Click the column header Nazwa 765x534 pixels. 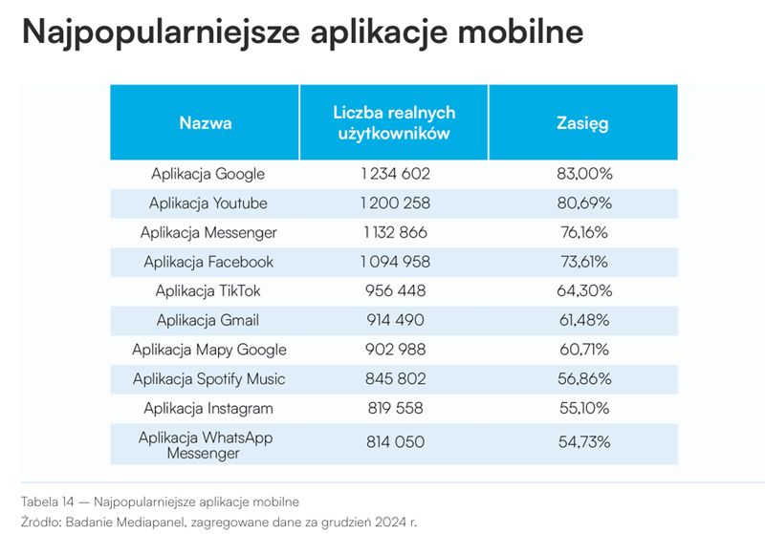point(206,123)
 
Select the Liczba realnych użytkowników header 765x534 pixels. point(394,123)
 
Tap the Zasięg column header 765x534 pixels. point(582,123)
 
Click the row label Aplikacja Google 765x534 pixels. point(208,174)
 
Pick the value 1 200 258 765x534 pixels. point(395,203)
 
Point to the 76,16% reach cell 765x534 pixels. point(583,232)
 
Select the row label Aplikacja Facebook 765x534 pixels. point(208,262)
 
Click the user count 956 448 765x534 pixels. point(395,290)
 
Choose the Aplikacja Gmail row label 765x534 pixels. point(208,320)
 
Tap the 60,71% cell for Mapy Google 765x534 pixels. point(583,350)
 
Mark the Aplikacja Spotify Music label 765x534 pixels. point(208,378)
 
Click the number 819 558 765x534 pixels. point(395,408)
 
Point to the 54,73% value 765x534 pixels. point(583,442)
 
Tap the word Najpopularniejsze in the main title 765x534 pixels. point(158,32)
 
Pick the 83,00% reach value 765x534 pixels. point(583,174)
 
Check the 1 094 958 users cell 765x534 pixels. point(395,262)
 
